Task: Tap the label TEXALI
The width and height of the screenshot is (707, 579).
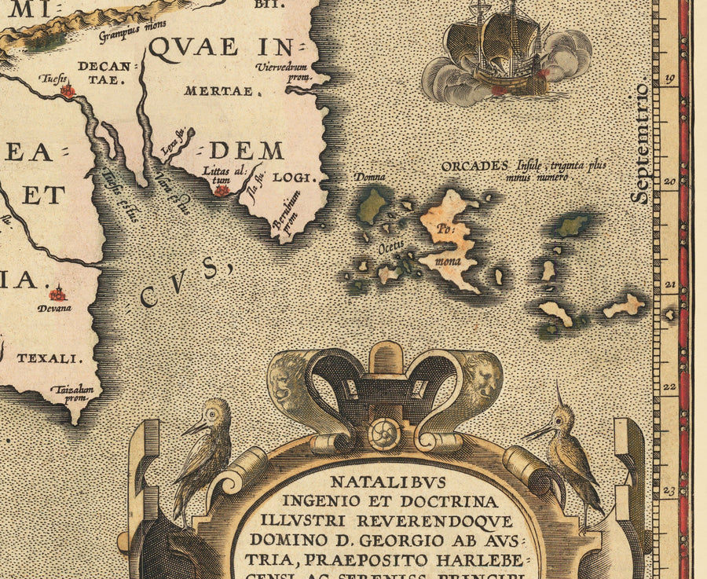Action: pos(49,358)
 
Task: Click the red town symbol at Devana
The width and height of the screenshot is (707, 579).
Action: pos(57,295)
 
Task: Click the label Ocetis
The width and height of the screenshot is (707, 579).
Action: pos(391,246)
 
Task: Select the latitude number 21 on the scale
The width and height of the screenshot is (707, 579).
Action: pos(670,285)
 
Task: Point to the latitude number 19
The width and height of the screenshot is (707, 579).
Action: pos(670,79)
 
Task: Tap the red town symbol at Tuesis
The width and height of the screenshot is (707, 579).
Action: pos(68,91)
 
